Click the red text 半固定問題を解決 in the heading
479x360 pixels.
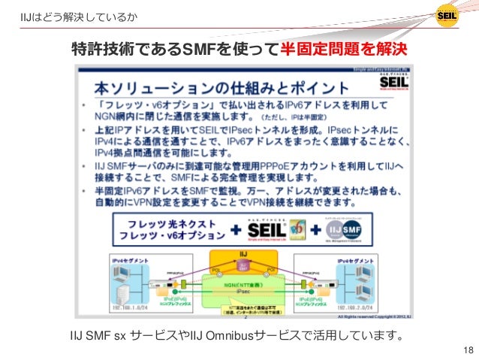click(342, 50)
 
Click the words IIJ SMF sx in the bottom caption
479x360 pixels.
click(97, 333)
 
